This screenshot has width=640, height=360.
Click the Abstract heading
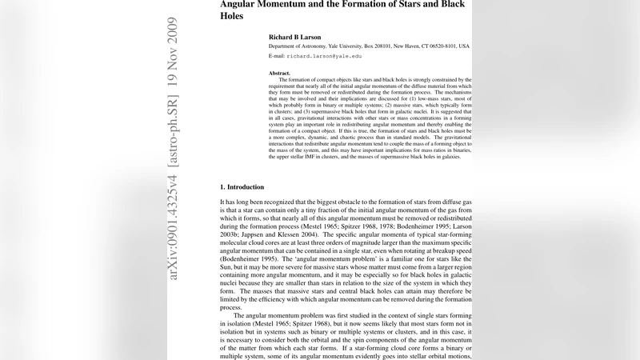tap(279, 73)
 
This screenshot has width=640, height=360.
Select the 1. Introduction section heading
tap(247, 186)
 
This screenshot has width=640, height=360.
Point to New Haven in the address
tap(390, 46)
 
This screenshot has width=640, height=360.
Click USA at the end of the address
tap(464, 46)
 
